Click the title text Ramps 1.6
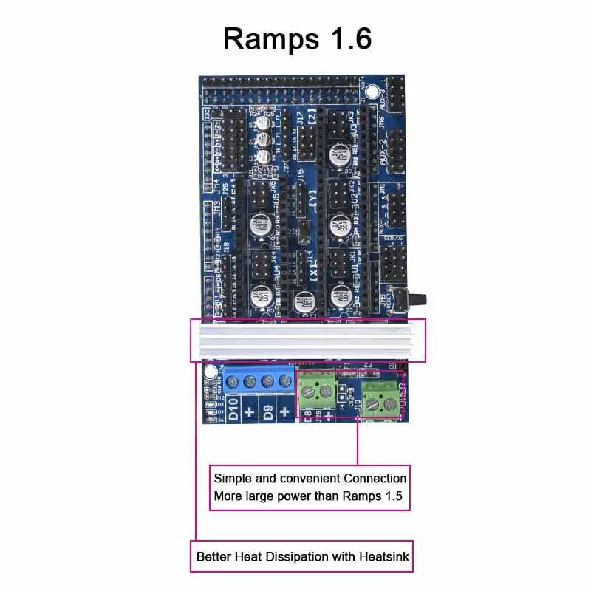pyautogui.click(x=297, y=38)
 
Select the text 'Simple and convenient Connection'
pyautogui.click(x=310, y=478)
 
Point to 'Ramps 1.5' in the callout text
pyautogui.click(x=372, y=496)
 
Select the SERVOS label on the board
pyautogui.click(x=393, y=239)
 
